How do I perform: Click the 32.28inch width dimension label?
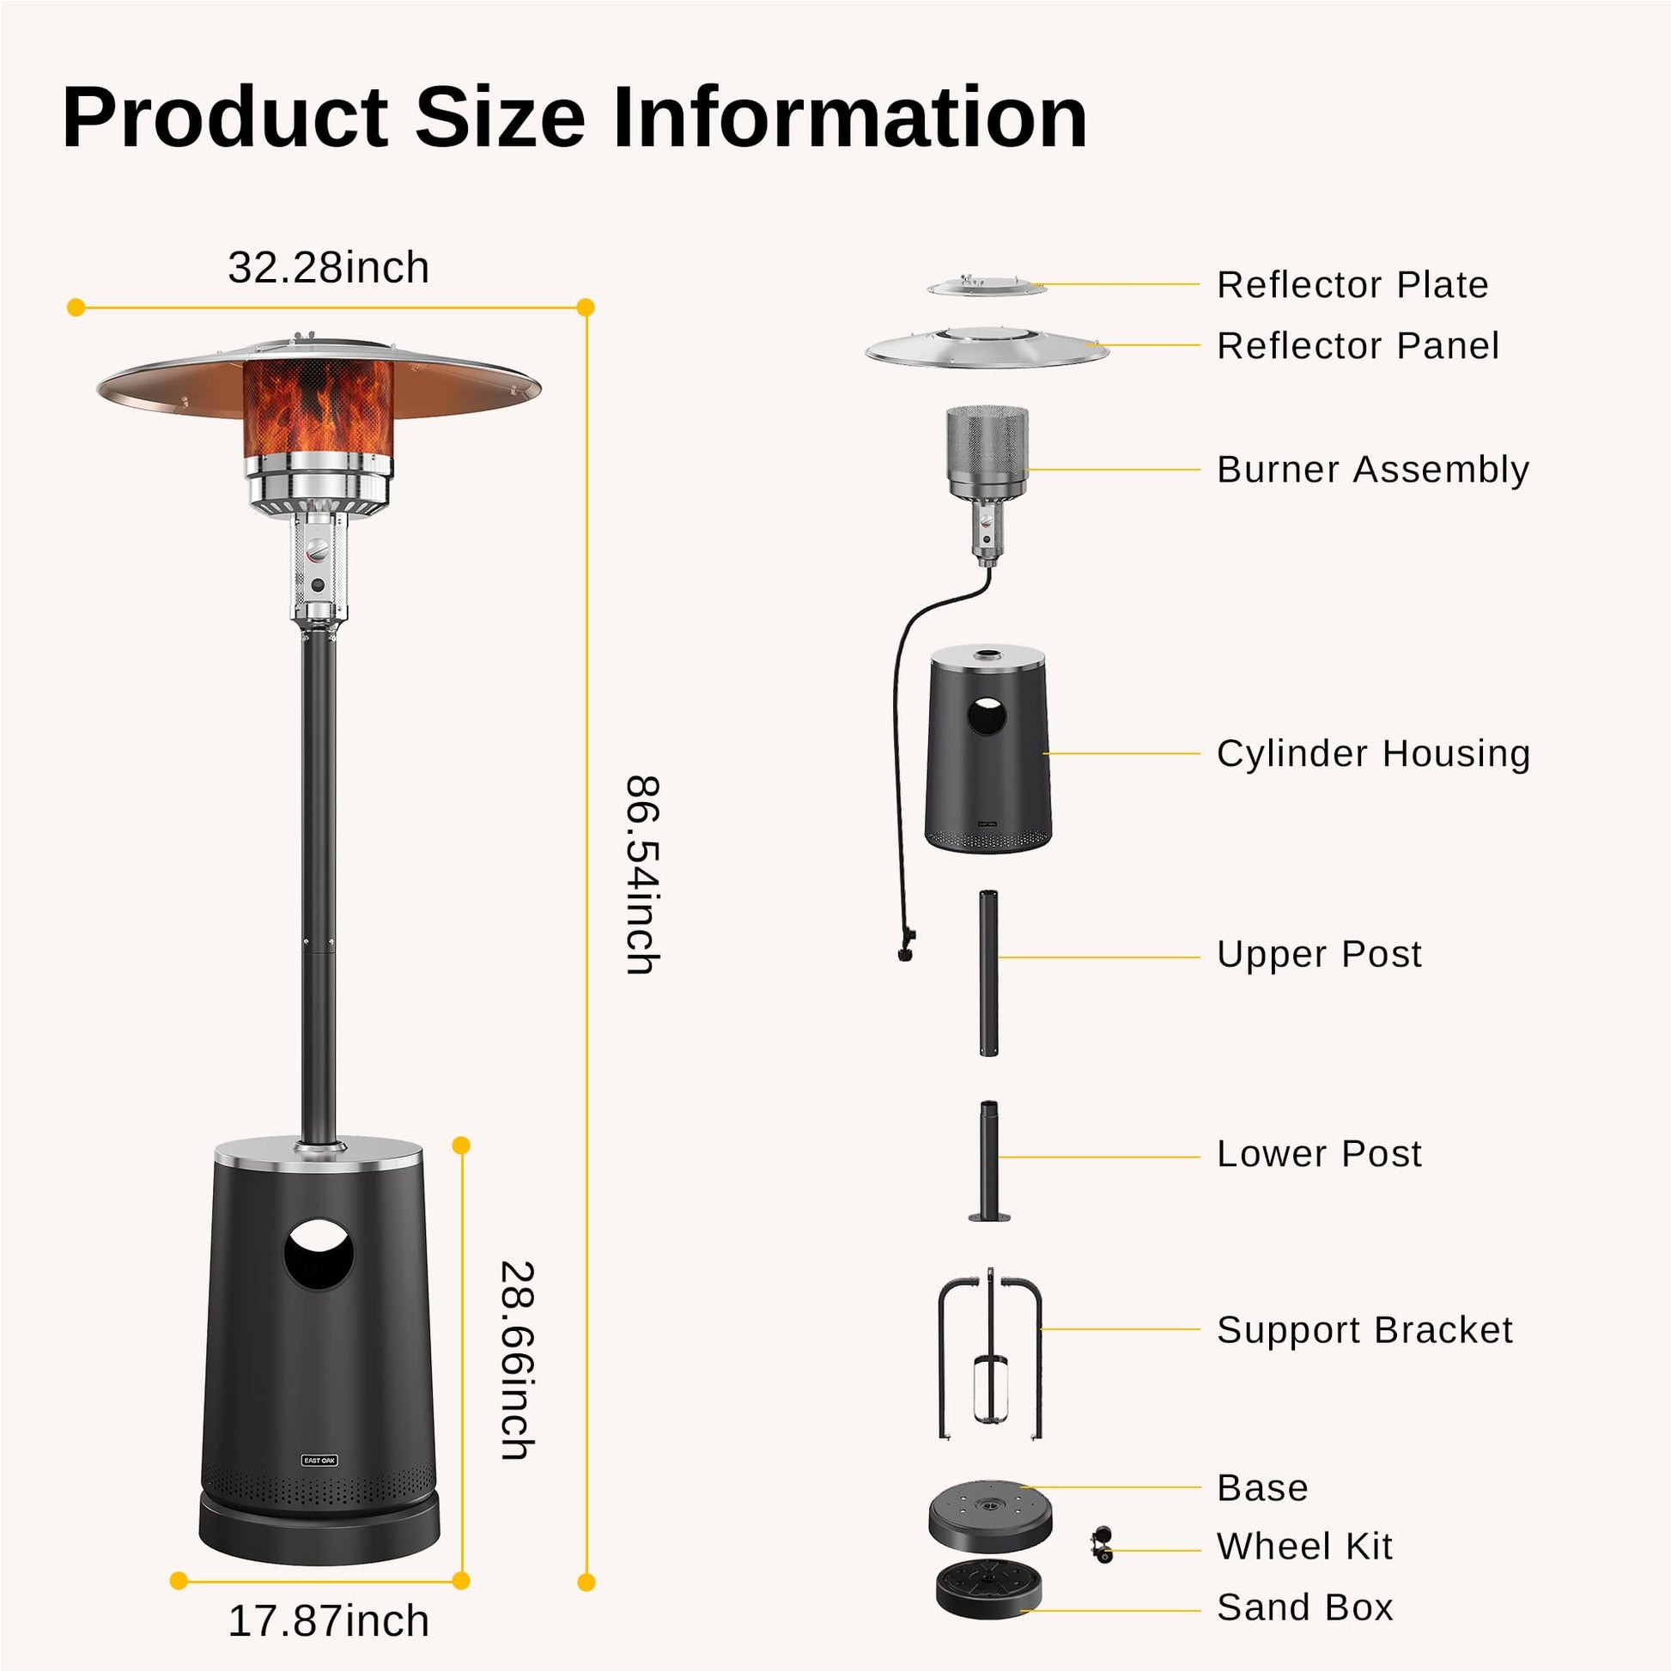(x=329, y=268)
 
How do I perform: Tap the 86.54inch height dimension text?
(x=642, y=875)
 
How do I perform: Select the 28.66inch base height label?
(x=518, y=1360)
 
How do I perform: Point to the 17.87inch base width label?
(x=329, y=1621)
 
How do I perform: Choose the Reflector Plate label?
(x=1352, y=284)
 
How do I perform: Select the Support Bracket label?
(x=1364, y=1330)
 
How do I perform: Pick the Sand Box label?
(x=1305, y=1607)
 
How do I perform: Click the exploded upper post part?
(x=988, y=973)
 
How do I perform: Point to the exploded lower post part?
(x=988, y=1162)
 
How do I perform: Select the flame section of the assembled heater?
(x=319, y=407)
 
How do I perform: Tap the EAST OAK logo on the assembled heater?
(x=320, y=1461)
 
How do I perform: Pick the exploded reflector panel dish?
(x=987, y=348)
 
